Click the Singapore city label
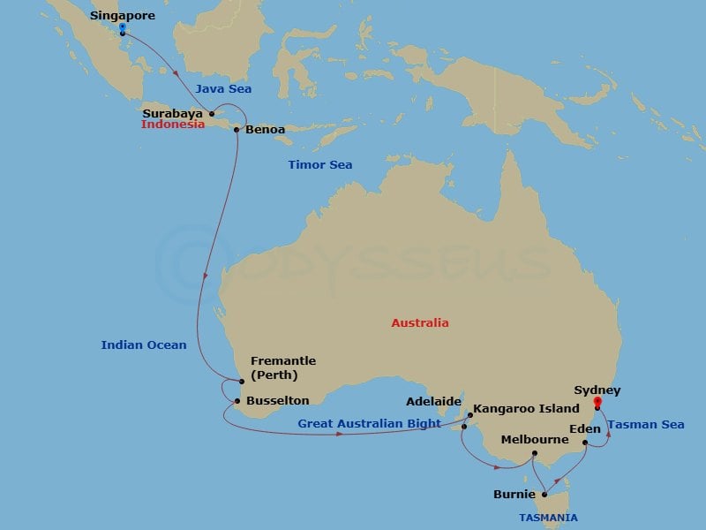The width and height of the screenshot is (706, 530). [123, 16]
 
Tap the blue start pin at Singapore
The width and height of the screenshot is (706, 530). [122, 28]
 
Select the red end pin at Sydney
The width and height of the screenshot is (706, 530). [597, 404]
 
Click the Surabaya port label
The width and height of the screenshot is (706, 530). [173, 113]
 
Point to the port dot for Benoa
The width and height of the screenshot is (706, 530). [237, 130]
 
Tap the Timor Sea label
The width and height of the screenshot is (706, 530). [320, 165]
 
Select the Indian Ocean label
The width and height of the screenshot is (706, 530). [144, 344]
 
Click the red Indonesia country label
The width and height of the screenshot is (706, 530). [173, 125]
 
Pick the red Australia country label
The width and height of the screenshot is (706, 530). [420, 322]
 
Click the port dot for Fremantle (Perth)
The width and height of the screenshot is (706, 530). [241, 382]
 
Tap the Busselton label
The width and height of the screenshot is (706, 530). [277, 400]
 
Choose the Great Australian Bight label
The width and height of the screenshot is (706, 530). [369, 424]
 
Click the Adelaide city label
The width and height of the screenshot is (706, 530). [433, 401]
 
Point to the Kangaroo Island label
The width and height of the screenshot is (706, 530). [526, 410]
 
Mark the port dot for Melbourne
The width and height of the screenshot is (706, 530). [535, 454]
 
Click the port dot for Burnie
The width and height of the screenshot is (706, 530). [545, 495]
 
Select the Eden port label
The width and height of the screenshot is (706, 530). [585, 429]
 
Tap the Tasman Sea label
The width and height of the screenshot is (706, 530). [647, 425]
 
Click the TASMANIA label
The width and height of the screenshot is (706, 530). [548, 518]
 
